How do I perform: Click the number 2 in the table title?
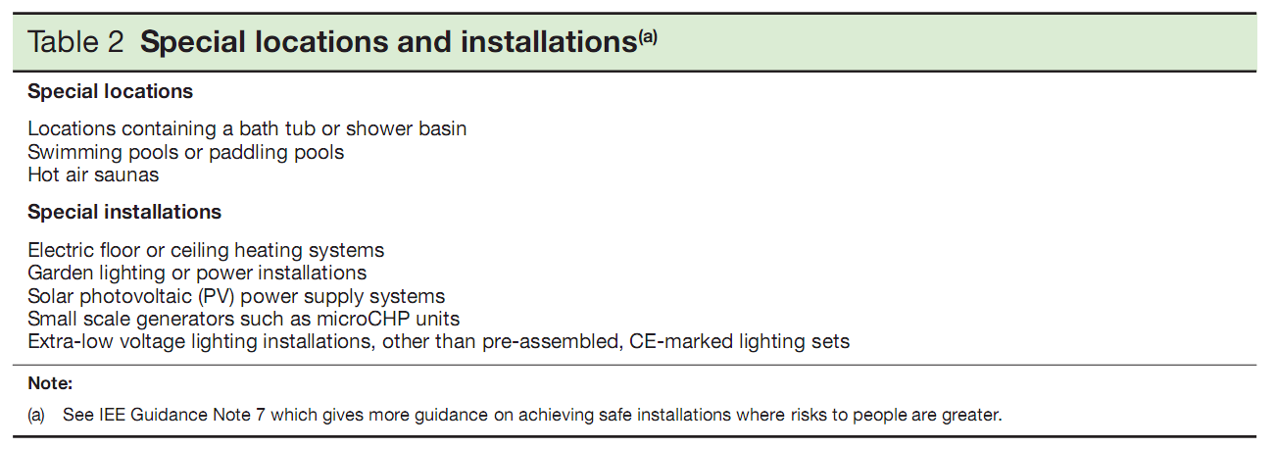(x=114, y=41)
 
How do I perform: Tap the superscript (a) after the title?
(x=648, y=37)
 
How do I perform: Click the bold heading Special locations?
(x=110, y=91)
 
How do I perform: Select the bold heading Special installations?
(x=124, y=212)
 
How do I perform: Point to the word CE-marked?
(x=681, y=341)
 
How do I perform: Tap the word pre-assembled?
(x=552, y=342)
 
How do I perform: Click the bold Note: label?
(x=50, y=383)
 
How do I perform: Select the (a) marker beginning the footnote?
(x=36, y=415)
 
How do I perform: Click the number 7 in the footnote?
(x=261, y=415)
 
